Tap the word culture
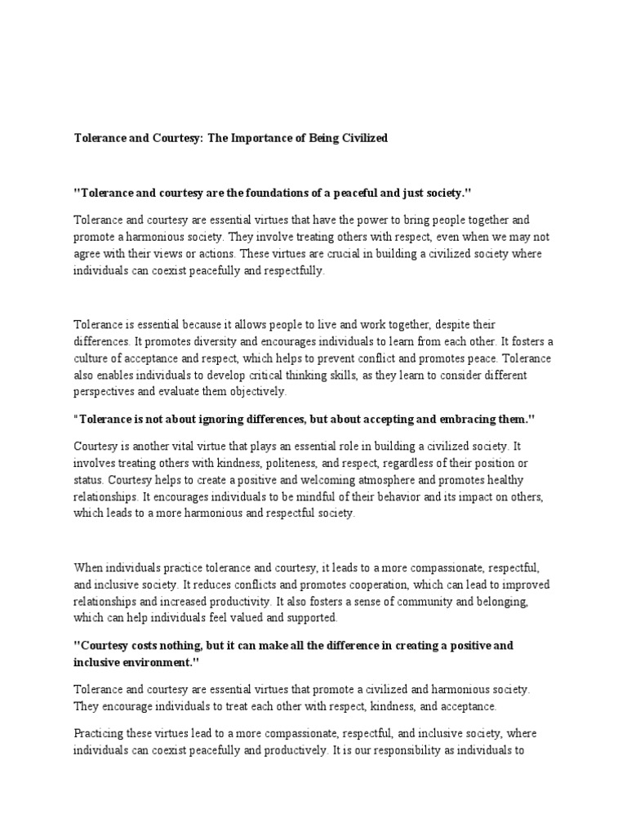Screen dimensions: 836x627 coord(91,358)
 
